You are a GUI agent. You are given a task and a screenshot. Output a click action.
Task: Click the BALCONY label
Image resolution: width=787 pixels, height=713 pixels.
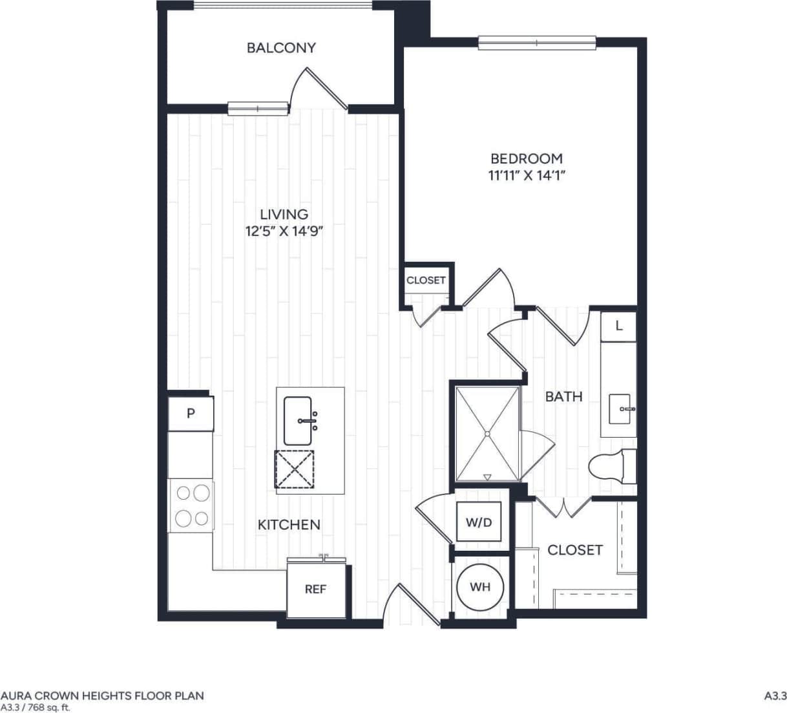281,48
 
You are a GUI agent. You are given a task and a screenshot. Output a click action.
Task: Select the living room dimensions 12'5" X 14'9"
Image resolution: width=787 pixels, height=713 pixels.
284,231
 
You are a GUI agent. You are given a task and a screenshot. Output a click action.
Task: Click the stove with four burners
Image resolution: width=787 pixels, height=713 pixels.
191,505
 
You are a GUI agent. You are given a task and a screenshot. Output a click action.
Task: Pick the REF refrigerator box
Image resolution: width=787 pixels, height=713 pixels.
315,589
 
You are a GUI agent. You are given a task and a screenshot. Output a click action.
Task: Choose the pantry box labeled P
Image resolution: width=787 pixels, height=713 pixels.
191,414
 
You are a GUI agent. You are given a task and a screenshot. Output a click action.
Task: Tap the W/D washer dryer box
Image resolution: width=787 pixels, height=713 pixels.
479,522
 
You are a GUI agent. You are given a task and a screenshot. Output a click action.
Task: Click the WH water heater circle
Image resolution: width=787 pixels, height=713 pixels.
480,587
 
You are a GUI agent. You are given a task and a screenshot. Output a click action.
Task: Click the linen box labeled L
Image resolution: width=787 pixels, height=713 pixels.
618,326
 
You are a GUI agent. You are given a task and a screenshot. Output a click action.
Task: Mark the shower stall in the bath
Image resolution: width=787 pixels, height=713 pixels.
488,433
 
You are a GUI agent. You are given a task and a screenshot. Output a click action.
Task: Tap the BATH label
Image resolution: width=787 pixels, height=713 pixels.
563,396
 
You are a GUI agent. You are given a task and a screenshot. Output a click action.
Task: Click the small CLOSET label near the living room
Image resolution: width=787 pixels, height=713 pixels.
426,281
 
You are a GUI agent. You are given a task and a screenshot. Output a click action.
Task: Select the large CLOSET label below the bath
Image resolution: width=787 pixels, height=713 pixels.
574,550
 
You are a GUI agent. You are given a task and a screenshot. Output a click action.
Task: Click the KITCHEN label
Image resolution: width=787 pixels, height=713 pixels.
289,524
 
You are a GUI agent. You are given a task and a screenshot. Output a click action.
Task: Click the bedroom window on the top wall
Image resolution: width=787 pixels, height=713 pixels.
536,43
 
